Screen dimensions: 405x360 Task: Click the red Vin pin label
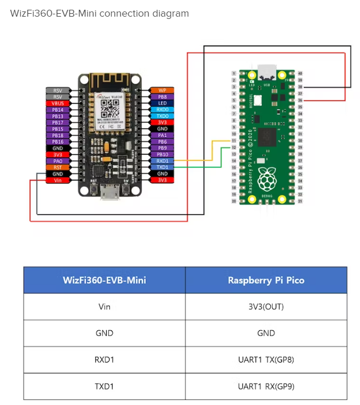pyautogui.click(x=58, y=180)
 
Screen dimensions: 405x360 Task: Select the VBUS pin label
pyautogui.click(x=58, y=103)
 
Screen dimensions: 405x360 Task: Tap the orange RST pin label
pyautogui.click(x=58, y=168)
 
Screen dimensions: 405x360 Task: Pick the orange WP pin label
pyautogui.click(x=162, y=91)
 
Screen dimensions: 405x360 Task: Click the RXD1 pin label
pyautogui.click(x=162, y=161)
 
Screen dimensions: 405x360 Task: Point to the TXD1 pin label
pyautogui.click(x=162, y=168)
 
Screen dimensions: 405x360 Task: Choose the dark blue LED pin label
pyautogui.click(x=162, y=103)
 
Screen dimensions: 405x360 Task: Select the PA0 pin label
pyautogui.click(x=58, y=161)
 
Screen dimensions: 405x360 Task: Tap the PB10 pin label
pyautogui.click(x=162, y=155)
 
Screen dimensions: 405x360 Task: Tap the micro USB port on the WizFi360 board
pyautogui.click(x=107, y=194)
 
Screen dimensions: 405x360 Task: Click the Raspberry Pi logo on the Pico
pyautogui.click(x=266, y=179)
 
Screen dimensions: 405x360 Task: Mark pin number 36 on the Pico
pyautogui.click(x=300, y=100)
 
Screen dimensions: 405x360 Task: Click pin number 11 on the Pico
pyautogui.click(x=234, y=141)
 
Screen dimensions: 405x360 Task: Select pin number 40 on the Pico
pyautogui.click(x=300, y=73)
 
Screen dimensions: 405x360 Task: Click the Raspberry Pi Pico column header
pyautogui.click(x=266, y=281)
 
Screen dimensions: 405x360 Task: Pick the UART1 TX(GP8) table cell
pyautogui.click(x=266, y=360)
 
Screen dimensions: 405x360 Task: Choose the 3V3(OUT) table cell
pyautogui.click(x=266, y=306)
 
